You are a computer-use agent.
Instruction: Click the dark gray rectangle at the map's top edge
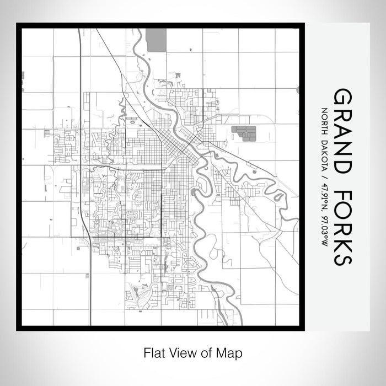point(157,38)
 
